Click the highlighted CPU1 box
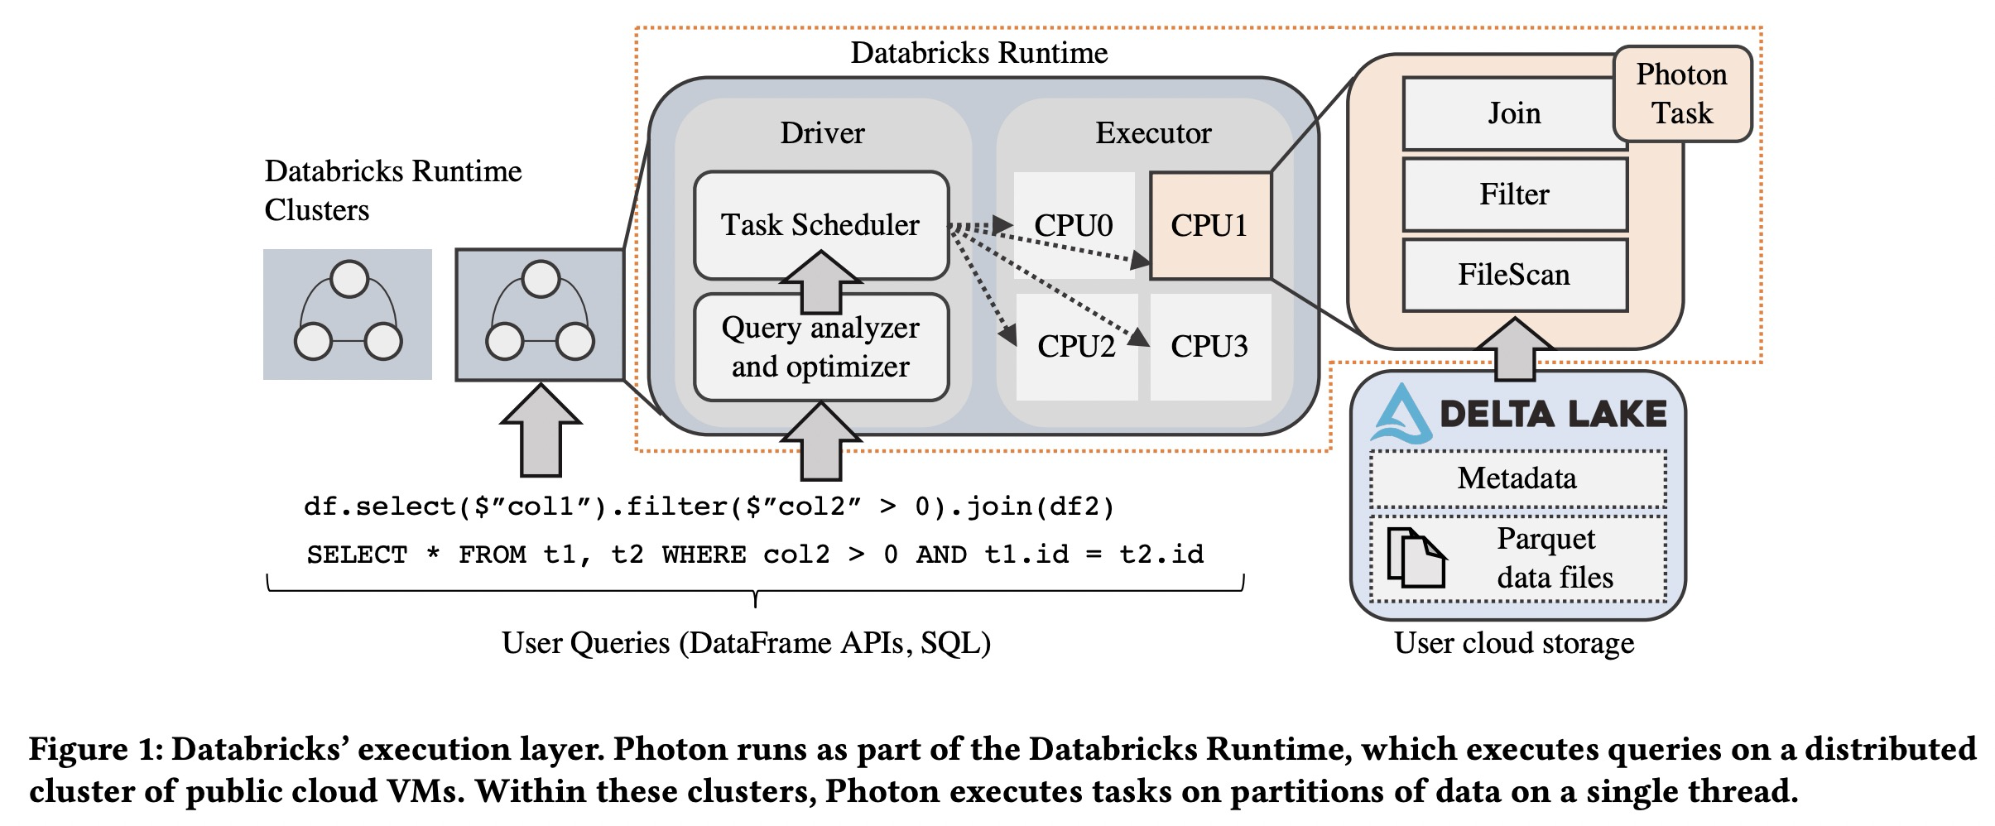[x=1209, y=225]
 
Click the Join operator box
[x=1513, y=113]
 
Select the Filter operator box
[x=1513, y=194]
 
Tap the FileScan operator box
[x=1513, y=275]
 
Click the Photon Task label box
[x=1681, y=94]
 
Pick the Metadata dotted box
[x=1517, y=478]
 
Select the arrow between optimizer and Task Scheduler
[x=820, y=282]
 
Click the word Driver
[x=822, y=133]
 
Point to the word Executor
[x=1153, y=133]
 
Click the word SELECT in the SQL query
[x=357, y=555]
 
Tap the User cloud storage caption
[x=1514, y=643]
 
